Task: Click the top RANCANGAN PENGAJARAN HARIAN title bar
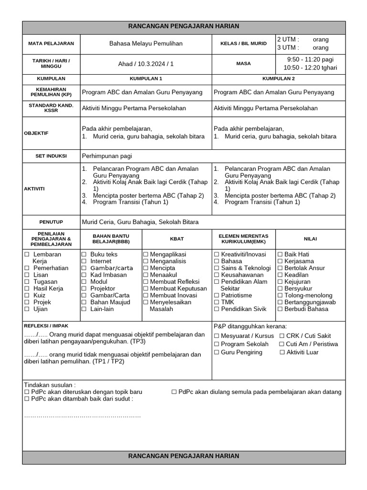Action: point(184,27)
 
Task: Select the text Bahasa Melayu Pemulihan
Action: point(146,44)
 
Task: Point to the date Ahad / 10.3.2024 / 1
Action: point(146,64)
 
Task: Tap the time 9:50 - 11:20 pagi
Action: point(310,59)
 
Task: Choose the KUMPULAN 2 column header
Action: point(279,78)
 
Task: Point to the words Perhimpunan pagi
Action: point(107,156)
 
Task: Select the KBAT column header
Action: point(176,238)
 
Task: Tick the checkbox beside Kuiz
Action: point(27,296)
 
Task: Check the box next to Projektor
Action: point(84,289)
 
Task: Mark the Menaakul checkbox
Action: point(146,275)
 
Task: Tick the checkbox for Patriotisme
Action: point(216,296)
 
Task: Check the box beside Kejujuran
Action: point(281,282)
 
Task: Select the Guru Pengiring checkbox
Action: point(216,353)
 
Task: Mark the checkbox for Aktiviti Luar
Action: point(282,353)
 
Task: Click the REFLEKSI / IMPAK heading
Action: point(46,326)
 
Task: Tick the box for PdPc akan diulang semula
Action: point(174,392)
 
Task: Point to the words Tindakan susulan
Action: point(49,385)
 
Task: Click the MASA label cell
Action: point(244,64)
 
